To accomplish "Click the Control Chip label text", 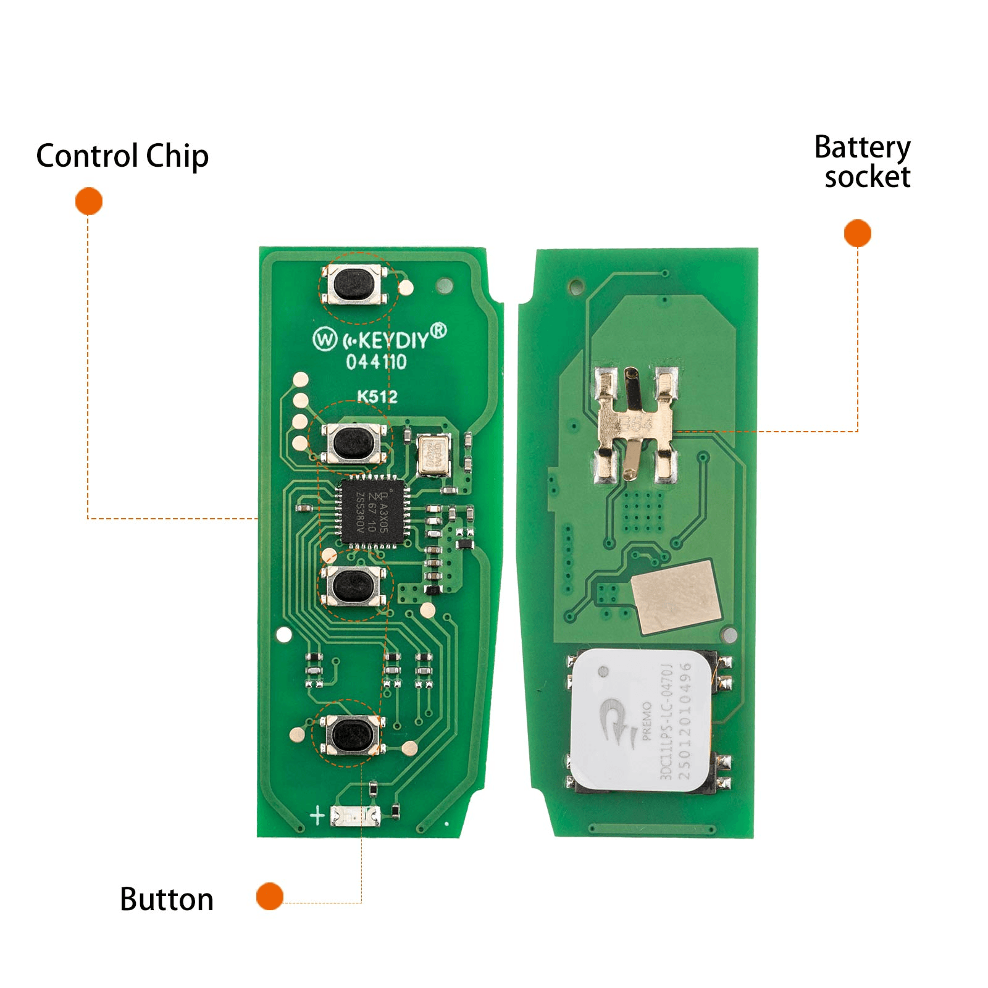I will click(x=122, y=156).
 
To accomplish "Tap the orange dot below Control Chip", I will click(x=89, y=201).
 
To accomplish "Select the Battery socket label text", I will click(x=863, y=162).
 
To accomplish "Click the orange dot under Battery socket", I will click(x=857, y=233).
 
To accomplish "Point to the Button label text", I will click(x=167, y=899).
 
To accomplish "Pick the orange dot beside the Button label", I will click(x=270, y=896).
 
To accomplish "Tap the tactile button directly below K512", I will click(x=354, y=442).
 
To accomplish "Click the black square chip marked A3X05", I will click(x=372, y=512).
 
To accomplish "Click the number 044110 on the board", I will click(x=376, y=362).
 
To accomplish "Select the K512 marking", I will click(x=377, y=396).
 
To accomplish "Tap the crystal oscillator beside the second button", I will click(x=433, y=456).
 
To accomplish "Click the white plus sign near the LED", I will click(x=317, y=816).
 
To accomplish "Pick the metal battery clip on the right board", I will click(x=635, y=424).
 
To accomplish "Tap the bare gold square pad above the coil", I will click(x=676, y=597).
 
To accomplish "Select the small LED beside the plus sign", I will click(x=356, y=816).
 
